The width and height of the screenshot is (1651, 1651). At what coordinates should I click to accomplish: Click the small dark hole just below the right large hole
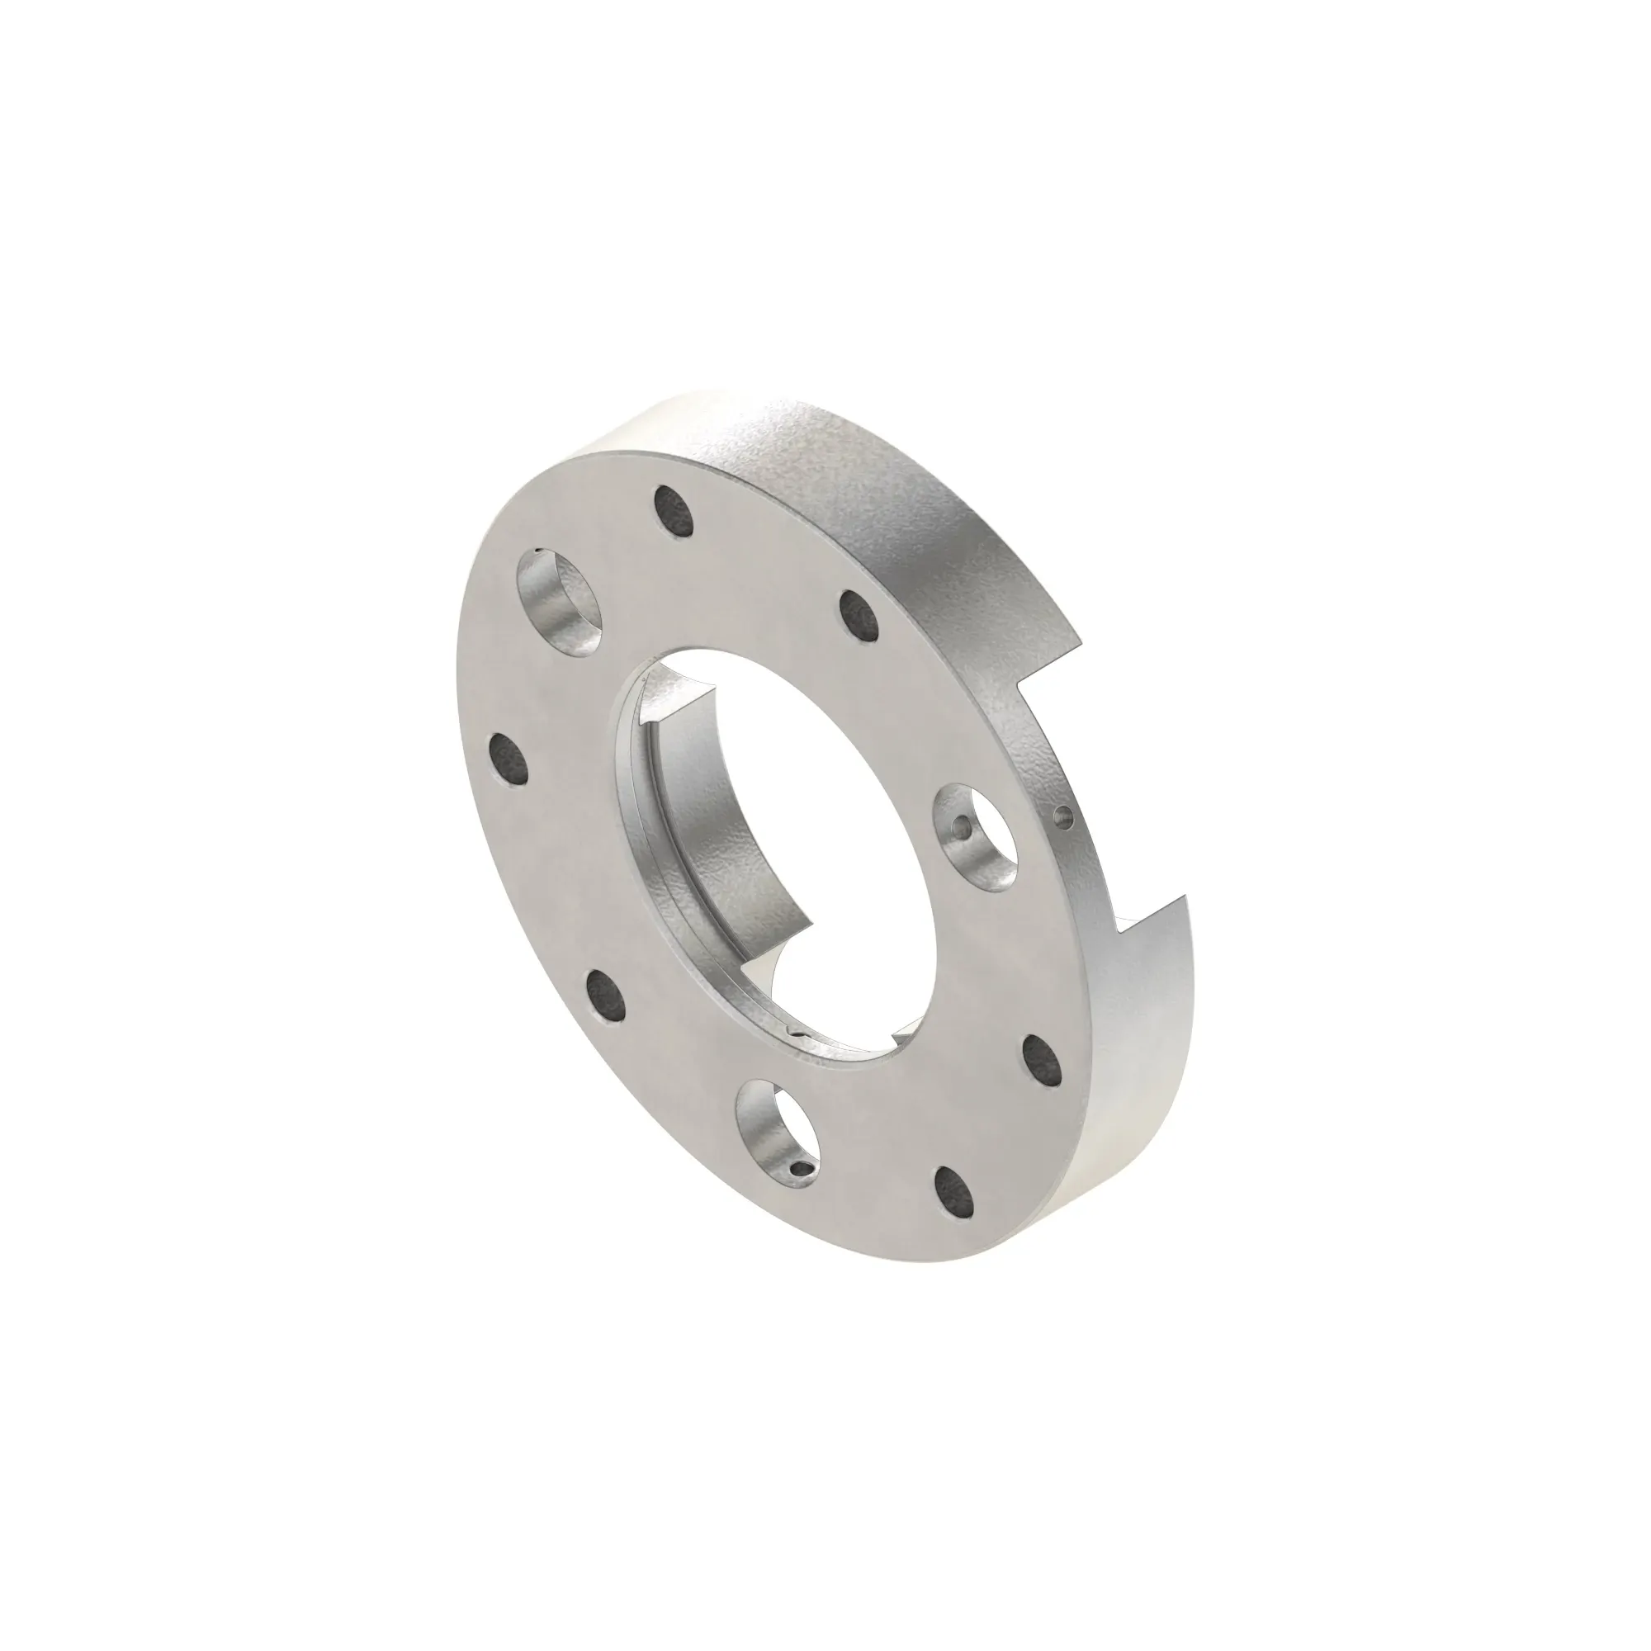coord(1041,1060)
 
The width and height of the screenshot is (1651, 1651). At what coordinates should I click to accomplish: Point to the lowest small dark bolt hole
coord(954,1194)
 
